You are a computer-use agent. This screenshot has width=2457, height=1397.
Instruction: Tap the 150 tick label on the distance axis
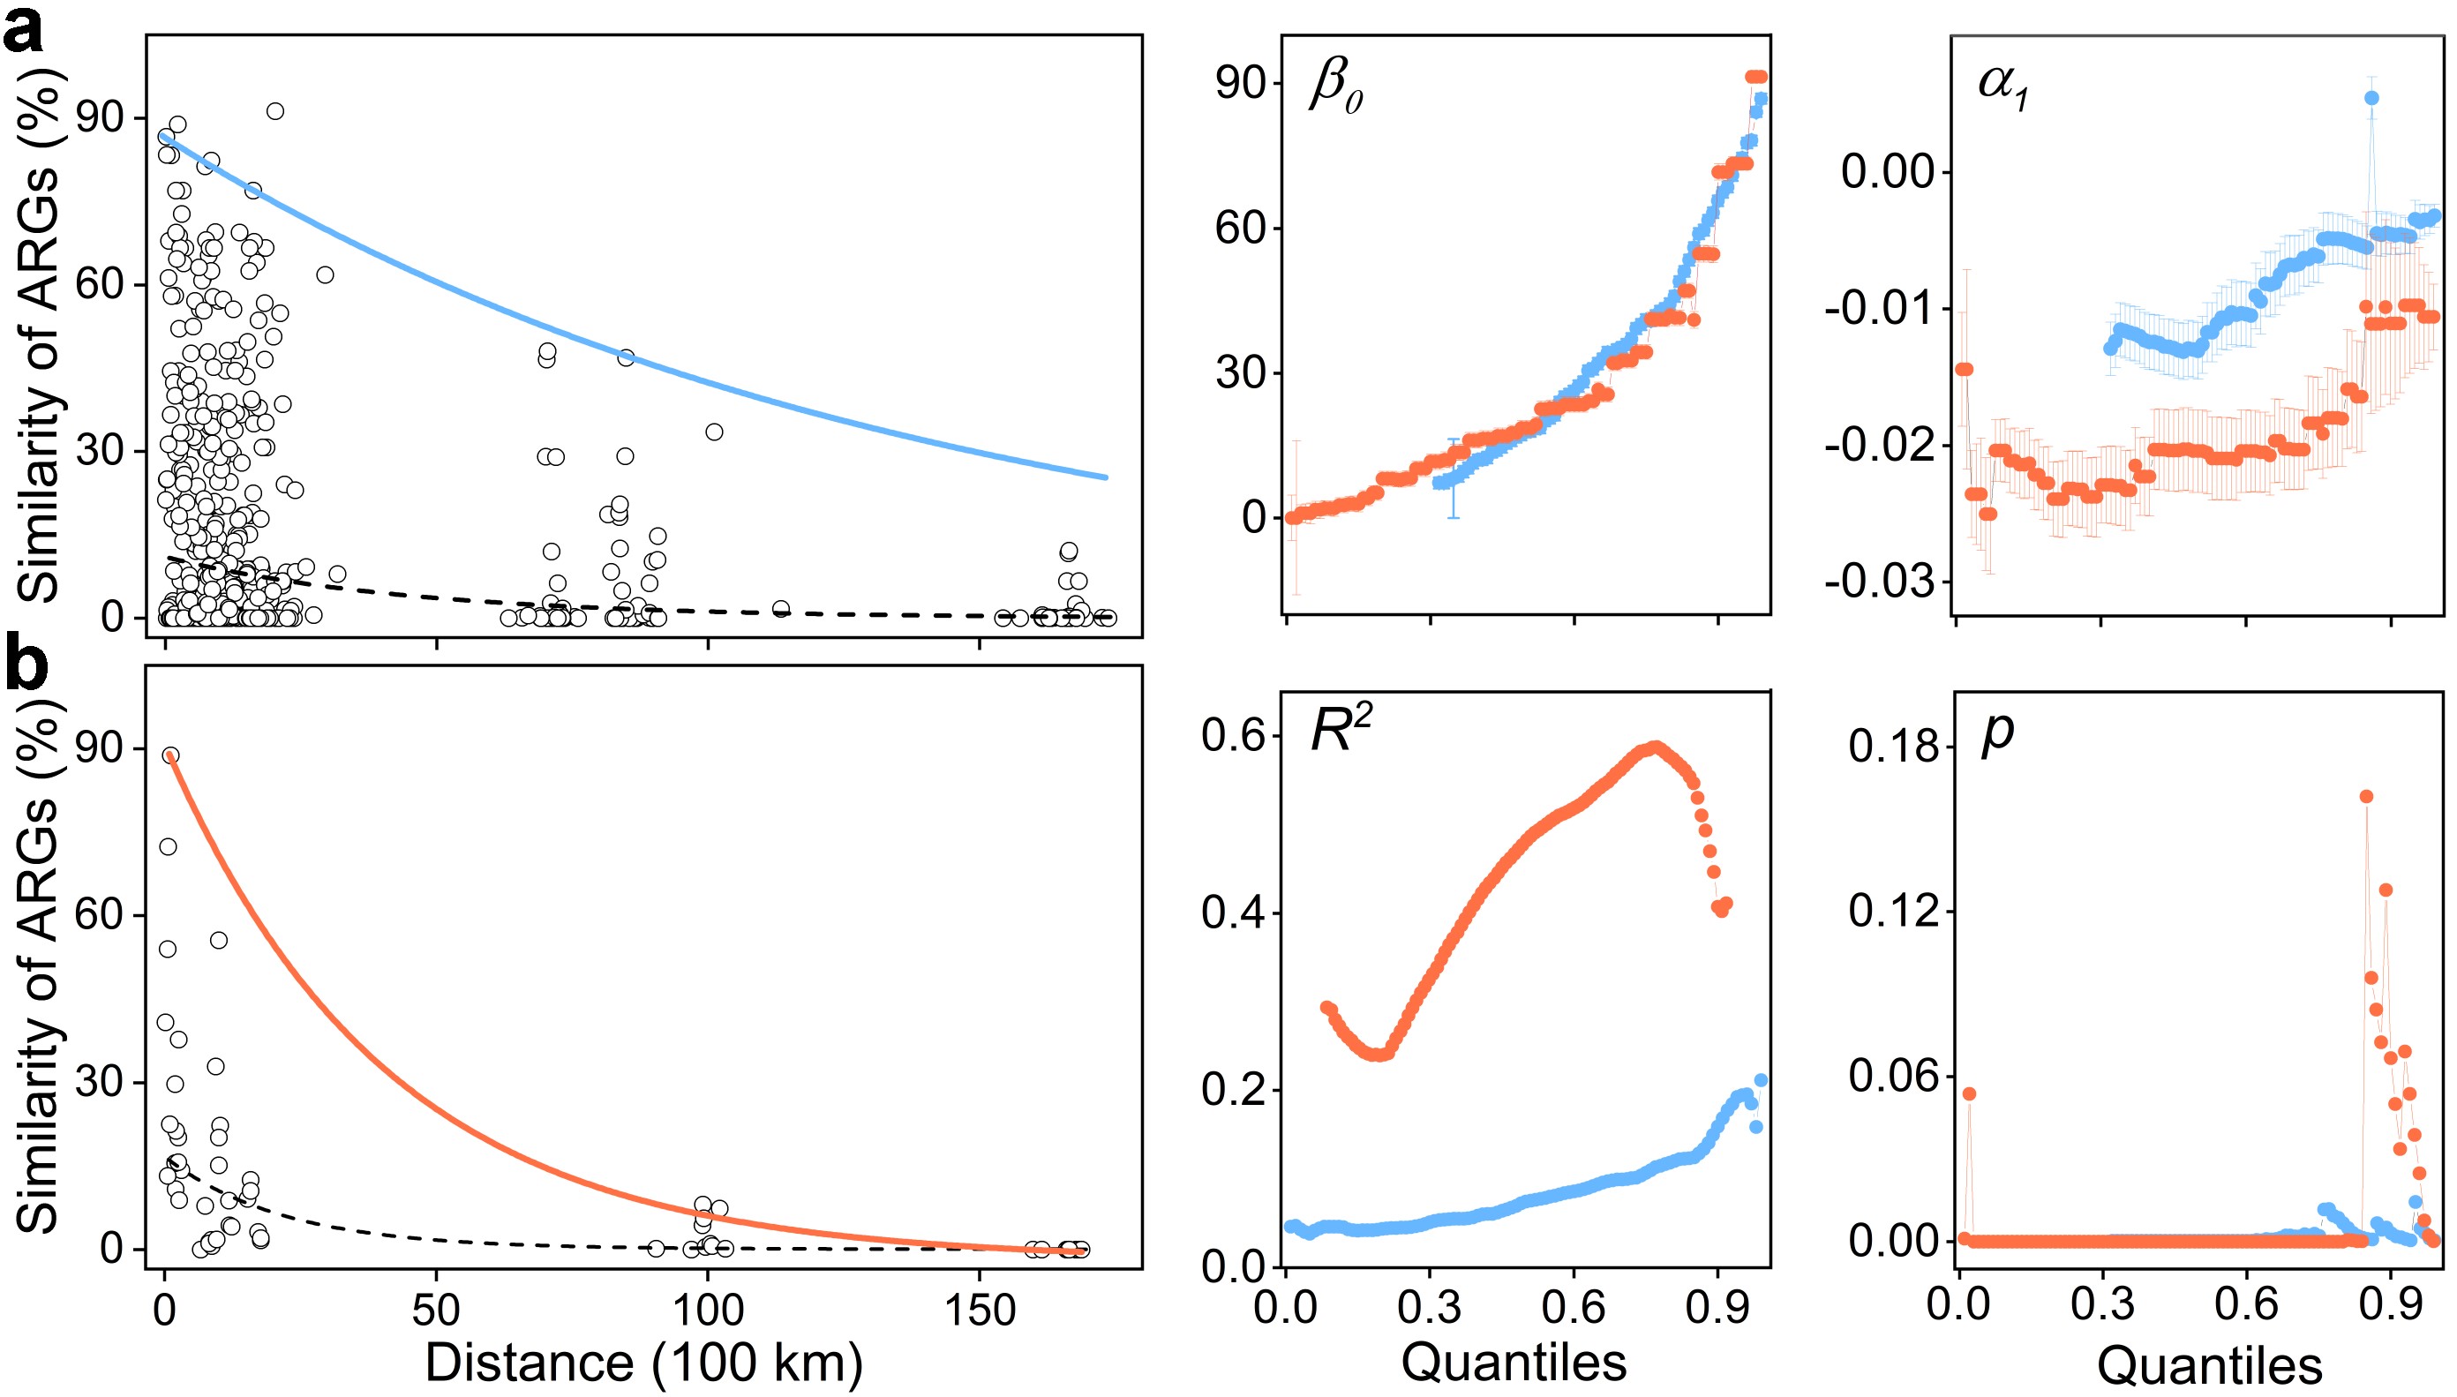pos(980,1311)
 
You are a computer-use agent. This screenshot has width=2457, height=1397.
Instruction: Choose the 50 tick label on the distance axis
pos(437,1311)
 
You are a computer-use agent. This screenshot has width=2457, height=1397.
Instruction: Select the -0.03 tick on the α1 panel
pos(1881,582)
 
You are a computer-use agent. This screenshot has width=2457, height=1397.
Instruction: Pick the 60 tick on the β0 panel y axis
pos(1242,229)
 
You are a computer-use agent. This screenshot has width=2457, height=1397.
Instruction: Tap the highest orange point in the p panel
pos(2367,796)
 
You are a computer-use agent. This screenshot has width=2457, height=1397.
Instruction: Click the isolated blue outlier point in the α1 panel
pos(2371,98)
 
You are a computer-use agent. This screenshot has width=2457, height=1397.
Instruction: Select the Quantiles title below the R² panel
pos(1514,1363)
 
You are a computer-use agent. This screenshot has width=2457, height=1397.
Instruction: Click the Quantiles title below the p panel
pos(2210,1365)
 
